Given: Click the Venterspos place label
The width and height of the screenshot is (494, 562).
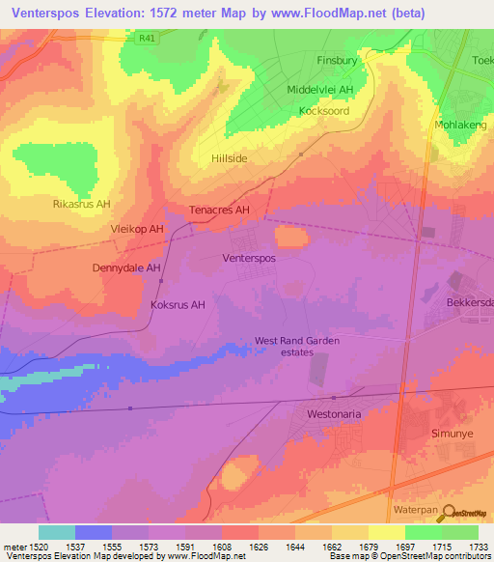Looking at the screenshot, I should tap(249, 260).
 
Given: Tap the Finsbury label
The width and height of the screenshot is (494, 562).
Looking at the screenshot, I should tap(337, 60).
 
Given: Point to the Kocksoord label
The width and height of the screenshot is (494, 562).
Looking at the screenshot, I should tap(323, 111).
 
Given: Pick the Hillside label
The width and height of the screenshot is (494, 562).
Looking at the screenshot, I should tap(229, 157).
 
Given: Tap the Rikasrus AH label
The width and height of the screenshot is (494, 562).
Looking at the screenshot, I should tap(82, 205).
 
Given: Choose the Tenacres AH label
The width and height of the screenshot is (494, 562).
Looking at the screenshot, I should tap(220, 210).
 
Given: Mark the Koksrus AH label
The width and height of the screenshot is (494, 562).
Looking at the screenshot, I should tap(178, 305).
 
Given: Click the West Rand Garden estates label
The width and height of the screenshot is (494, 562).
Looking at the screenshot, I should tap(297, 346).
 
